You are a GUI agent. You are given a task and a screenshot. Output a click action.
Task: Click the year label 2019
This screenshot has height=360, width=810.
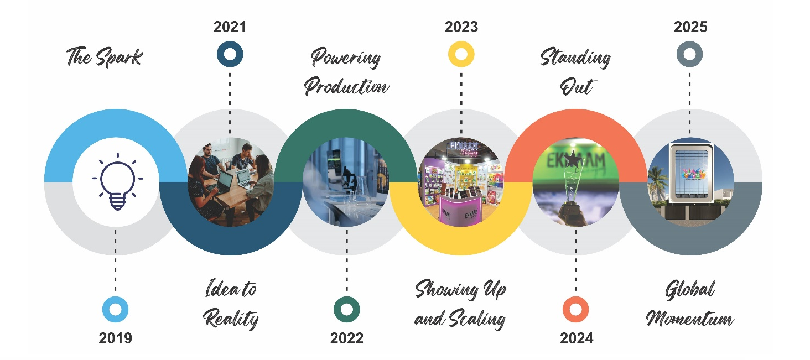(x=115, y=338)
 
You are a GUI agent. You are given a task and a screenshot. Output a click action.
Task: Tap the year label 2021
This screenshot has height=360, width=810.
(x=230, y=27)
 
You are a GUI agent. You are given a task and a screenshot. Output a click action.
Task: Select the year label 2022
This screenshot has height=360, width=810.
(x=347, y=338)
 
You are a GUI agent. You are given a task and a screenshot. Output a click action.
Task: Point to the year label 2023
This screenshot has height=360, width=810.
(x=461, y=27)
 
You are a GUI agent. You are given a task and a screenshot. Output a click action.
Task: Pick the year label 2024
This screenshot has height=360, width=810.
(x=577, y=338)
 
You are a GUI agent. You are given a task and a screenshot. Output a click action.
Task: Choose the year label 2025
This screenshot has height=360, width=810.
(x=690, y=27)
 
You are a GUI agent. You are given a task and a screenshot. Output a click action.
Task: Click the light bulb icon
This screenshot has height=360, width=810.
(x=117, y=181)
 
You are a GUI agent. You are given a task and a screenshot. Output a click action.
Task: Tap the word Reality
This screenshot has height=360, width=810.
(x=231, y=319)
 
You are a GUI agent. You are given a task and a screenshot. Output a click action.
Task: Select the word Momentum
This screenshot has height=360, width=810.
(x=690, y=318)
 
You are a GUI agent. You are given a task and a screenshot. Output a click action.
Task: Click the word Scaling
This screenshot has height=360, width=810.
(x=477, y=319)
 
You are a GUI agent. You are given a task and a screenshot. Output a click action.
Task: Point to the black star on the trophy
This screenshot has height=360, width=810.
(x=573, y=159)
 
